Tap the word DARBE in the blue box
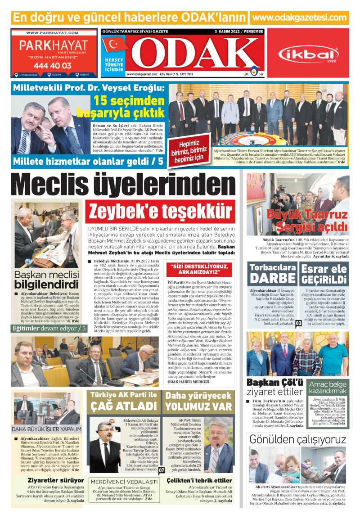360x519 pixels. click(272, 278)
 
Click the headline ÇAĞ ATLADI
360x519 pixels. click(123, 406)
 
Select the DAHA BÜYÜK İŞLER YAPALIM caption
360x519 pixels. click(47, 429)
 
